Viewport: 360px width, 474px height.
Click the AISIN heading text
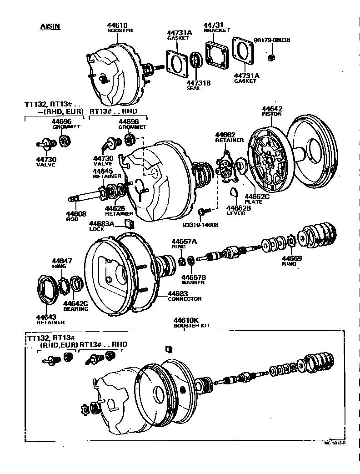point(50,26)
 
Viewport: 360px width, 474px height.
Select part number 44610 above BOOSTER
point(117,25)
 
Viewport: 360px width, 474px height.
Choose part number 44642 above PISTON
point(272,109)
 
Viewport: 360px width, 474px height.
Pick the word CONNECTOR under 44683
point(185,299)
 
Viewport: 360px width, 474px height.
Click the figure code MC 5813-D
point(335,442)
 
